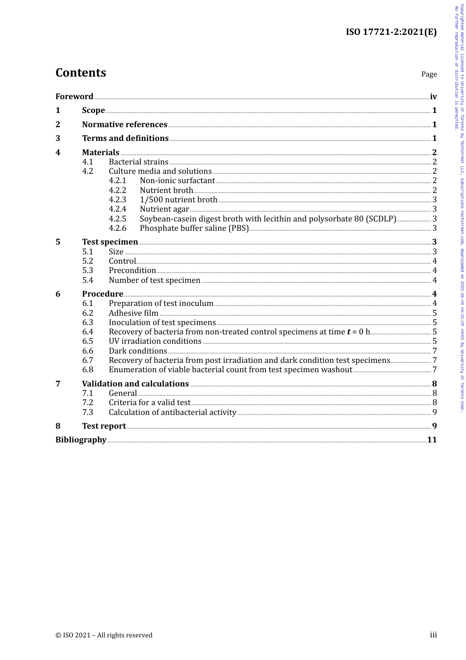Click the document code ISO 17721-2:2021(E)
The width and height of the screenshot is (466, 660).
point(391,32)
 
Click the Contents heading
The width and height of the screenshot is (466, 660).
point(80,73)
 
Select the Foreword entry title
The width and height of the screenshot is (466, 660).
point(74,96)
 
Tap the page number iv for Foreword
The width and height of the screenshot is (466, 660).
point(433,96)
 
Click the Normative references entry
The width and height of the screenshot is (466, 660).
point(125,124)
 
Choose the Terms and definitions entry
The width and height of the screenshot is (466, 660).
point(125,138)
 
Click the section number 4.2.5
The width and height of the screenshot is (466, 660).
point(117,219)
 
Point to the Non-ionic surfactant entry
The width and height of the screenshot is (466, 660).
point(177,181)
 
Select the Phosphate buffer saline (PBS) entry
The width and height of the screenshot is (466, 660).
point(194,228)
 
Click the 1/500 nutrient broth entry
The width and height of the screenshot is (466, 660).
point(179,199)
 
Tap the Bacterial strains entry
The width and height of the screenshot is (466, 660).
point(138,162)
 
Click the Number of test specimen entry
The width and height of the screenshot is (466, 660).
point(155,280)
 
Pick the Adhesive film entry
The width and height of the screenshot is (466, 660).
point(133,313)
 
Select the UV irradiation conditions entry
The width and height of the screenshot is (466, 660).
point(155,341)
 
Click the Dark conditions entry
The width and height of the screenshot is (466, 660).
point(138,351)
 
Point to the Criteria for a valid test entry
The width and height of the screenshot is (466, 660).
point(150,402)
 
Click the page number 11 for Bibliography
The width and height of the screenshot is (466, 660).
point(432,440)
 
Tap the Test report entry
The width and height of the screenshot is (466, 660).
point(104,426)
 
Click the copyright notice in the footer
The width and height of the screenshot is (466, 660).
point(104,635)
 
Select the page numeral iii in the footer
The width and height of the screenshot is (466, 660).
point(433,634)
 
